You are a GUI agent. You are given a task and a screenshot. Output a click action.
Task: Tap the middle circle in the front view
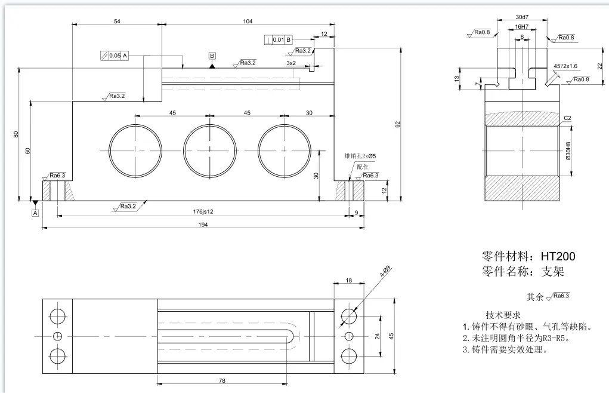(x=209, y=150)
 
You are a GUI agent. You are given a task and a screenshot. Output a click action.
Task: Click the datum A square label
(x=35, y=212)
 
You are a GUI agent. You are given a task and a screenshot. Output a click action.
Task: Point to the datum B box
(x=212, y=56)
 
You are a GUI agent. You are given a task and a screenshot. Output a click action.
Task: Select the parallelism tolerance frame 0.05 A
(x=114, y=56)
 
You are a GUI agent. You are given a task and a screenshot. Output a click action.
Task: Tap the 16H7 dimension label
(x=521, y=27)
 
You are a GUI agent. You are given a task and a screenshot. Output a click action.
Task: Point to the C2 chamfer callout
(x=567, y=118)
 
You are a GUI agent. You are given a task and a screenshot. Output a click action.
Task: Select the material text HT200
(x=558, y=256)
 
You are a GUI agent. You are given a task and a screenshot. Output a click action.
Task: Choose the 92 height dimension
(x=398, y=124)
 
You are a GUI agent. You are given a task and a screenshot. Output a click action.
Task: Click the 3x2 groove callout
(x=291, y=63)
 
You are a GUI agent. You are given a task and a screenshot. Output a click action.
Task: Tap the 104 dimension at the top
(x=248, y=22)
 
